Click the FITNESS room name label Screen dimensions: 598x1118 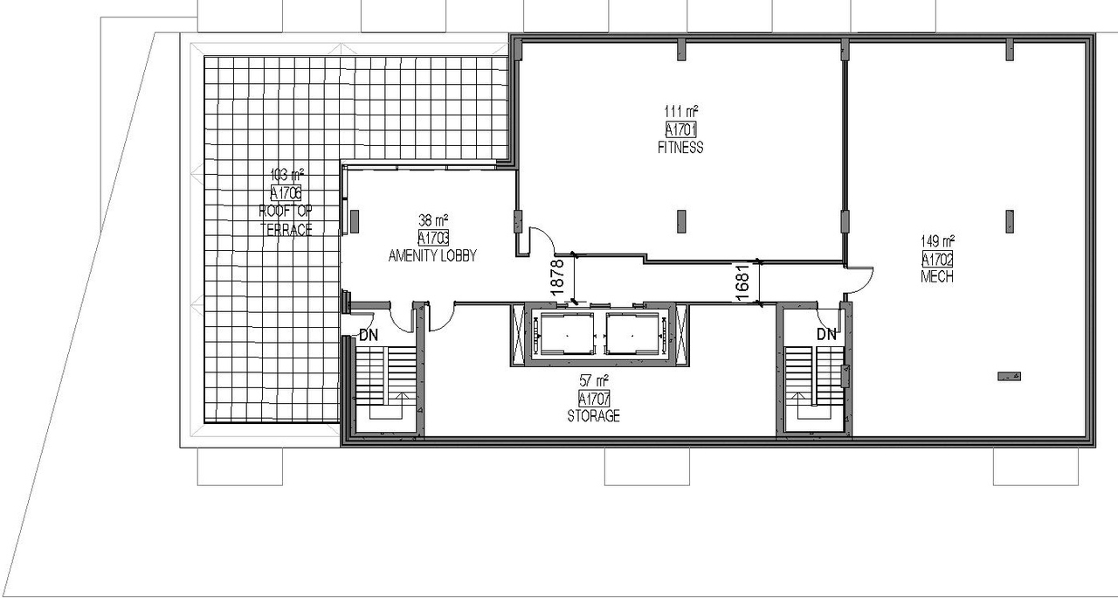(680, 148)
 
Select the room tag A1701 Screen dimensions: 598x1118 (680, 130)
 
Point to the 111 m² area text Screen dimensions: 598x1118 (680, 112)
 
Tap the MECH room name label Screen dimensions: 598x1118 (937, 277)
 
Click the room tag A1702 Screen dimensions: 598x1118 (937, 259)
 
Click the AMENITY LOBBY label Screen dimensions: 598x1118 (432, 256)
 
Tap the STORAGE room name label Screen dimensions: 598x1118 (594, 416)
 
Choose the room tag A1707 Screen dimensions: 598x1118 (594, 399)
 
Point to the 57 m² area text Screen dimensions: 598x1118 (594, 380)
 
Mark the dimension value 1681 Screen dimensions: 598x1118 (742, 283)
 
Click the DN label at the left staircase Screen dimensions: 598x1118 (369, 334)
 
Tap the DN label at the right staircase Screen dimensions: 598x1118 (826, 334)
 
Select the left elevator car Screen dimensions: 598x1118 (564, 334)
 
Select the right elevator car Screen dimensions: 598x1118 (631, 334)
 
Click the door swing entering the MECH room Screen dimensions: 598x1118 (860, 277)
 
